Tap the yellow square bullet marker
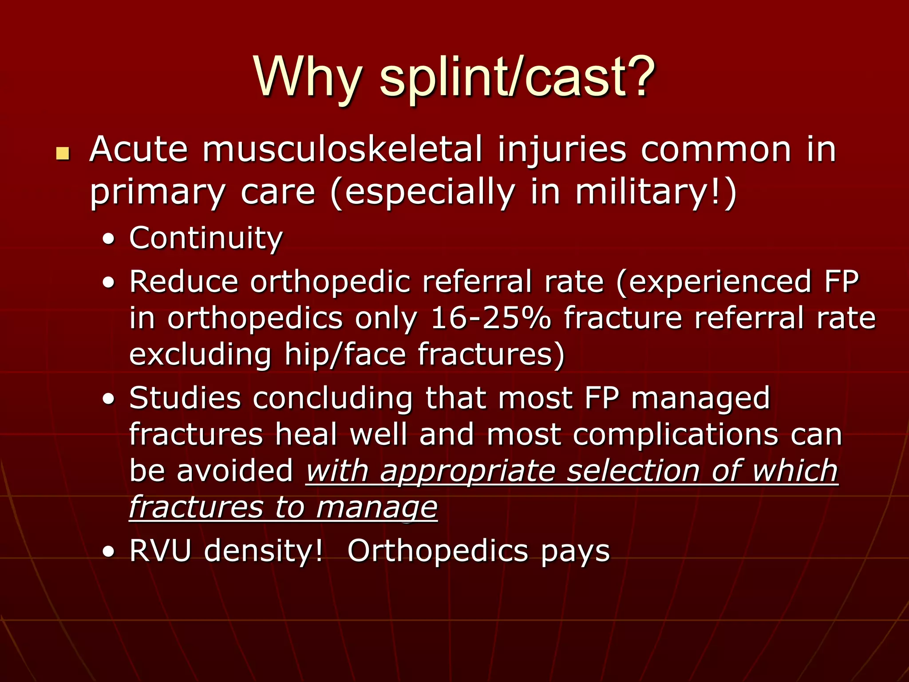[63, 154]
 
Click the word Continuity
[206, 238]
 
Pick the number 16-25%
[490, 318]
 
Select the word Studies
[185, 397]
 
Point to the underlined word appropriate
[468, 471]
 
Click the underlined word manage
[377, 507]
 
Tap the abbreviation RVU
[160, 551]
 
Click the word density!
[264, 551]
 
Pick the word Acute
[138, 149]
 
